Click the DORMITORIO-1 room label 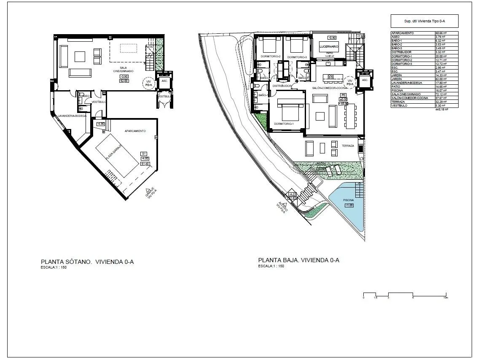point(283,124)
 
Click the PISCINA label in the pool point(348,200)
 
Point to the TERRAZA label point(348,146)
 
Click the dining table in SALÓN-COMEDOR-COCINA point(349,116)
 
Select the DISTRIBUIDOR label point(282,86)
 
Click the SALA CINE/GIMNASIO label point(123,70)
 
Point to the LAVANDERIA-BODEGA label point(72,115)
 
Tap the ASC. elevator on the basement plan point(163,80)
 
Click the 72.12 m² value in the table point(441,95)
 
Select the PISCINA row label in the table point(397,91)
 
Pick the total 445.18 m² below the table point(441,109)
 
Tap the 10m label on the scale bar point(446,298)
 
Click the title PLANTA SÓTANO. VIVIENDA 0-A point(87,262)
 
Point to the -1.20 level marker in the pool point(349,205)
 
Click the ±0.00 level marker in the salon point(344,99)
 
